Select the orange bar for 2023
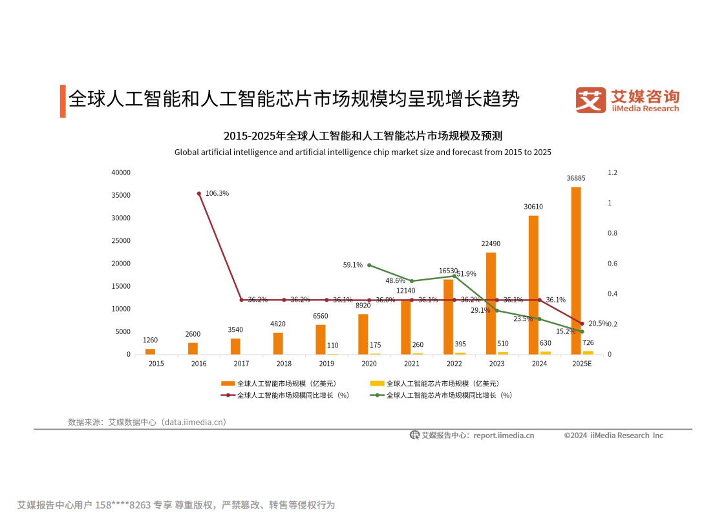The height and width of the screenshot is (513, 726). (x=491, y=303)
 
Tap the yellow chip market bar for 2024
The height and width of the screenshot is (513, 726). (x=546, y=352)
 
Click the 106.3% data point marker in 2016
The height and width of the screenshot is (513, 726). (x=199, y=193)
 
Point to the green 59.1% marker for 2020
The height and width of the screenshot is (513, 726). (x=369, y=265)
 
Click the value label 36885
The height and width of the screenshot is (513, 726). (x=576, y=178)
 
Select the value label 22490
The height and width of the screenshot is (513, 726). (x=491, y=244)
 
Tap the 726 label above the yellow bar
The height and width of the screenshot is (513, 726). (x=588, y=343)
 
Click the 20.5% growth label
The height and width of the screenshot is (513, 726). (x=598, y=323)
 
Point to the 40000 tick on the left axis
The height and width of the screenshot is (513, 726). (x=121, y=173)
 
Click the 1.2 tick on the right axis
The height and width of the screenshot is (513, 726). (x=612, y=173)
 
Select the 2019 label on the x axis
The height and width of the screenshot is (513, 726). (x=326, y=364)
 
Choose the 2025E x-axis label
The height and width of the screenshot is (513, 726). (x=582, y=364)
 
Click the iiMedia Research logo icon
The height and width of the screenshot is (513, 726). (x=590, y=100)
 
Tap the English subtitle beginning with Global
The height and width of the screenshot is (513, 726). (x=363, y=152)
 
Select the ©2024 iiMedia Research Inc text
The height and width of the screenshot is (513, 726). (x=613, y=435)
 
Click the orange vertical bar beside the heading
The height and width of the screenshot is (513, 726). (x=63, y=101)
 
